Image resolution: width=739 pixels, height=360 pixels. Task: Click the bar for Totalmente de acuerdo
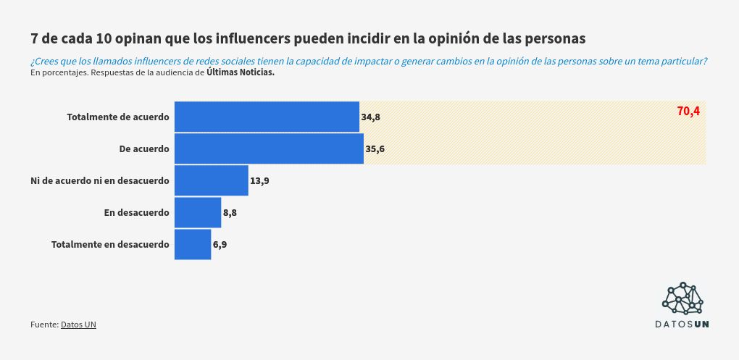[267, 117]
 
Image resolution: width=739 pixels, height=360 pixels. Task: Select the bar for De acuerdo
[269, 148]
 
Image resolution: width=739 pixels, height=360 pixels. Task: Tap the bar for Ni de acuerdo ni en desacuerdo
[212, 180]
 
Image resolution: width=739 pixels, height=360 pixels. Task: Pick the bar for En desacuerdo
[198, 212]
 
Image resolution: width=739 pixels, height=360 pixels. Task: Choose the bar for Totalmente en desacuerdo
[193, 244]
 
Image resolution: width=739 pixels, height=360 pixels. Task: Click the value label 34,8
[370, 117]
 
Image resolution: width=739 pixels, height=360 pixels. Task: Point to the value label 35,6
[375, 149]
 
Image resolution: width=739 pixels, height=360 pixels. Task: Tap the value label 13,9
[259, 181]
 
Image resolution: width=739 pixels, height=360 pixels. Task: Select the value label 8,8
[230, 213]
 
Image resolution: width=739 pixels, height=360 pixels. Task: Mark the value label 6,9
[220, 245]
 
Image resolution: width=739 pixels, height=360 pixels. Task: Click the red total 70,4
[688, 111]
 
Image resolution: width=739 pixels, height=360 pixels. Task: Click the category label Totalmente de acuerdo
[118, 117]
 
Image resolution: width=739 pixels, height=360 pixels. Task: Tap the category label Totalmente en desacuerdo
[110, 245]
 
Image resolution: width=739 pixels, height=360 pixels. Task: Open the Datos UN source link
[78, 325]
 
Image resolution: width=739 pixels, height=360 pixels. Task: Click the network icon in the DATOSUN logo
[682, 298]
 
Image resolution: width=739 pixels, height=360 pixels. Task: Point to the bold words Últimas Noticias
[240, 72]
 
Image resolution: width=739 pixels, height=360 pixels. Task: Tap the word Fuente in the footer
[43, 325]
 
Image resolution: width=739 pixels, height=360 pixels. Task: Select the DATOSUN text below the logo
[682, 324]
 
